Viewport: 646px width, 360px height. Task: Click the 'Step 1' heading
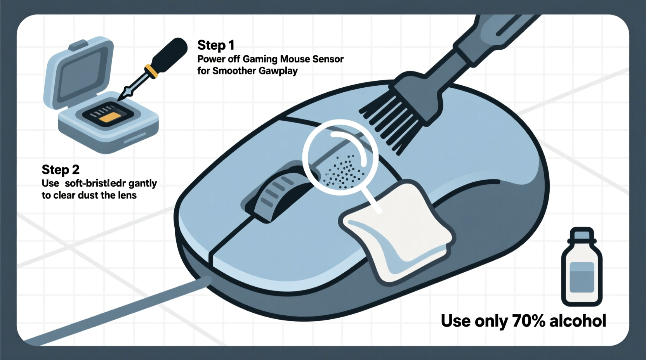215,45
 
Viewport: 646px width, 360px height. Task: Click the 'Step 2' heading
60,170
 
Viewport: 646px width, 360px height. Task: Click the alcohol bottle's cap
582,234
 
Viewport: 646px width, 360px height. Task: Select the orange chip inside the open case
110,118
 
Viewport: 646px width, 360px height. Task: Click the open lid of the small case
80,74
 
